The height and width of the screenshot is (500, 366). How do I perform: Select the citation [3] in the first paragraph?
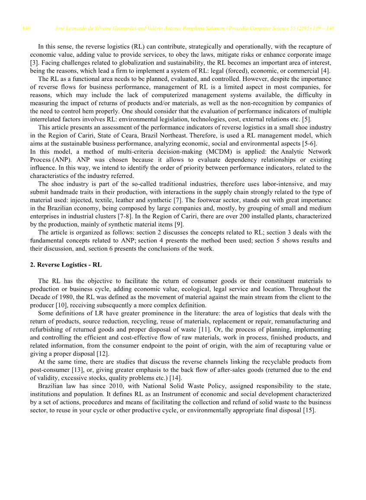(x=34, y=63)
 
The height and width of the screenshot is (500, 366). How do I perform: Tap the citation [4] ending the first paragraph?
(x=326, y=71)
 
